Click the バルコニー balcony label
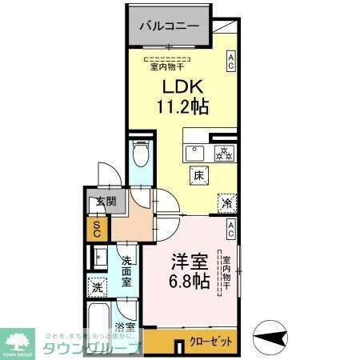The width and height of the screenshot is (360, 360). (x=169, y=26)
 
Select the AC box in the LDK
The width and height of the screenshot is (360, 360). (x=230, y=62)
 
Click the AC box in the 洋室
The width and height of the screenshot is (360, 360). (x=230, y=231)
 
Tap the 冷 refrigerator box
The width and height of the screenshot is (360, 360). (x=227, y=203)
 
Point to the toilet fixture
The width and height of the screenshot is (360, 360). (x=139, y=153)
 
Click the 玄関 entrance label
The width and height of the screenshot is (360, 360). (x=98, y=202)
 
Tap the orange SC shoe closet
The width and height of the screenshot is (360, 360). (x=96, y=230)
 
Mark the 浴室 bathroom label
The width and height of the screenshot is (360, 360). (x=124, y=326)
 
